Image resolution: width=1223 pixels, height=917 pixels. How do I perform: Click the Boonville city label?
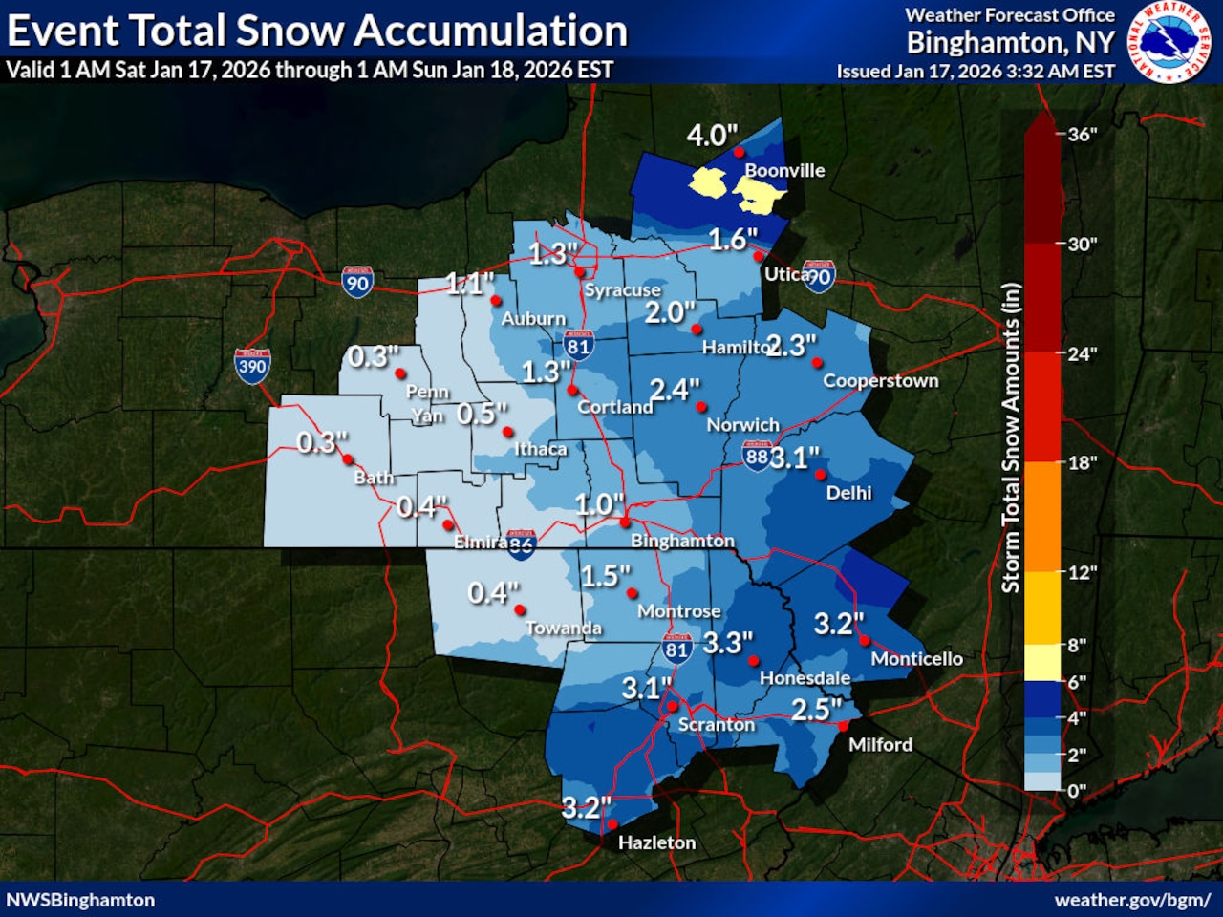coord(783,171)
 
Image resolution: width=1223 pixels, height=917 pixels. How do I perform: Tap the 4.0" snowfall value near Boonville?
coord(712,136)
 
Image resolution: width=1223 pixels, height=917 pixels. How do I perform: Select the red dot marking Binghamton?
coord(624,522)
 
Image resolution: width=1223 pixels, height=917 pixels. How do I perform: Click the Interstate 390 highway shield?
coord(252,366)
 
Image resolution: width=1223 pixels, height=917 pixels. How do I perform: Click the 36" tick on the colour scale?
coord(1082,135)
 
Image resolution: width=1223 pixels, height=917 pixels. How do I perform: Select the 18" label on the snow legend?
coord(1082,463)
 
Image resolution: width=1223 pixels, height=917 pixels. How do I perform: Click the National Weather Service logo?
coord(1169,42)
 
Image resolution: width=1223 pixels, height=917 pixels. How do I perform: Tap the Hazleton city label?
coord(656,842)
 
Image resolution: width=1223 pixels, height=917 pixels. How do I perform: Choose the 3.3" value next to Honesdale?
coord(728,643)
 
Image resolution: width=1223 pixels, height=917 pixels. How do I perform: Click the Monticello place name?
coord(916,658)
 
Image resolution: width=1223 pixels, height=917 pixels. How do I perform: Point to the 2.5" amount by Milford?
coord(816,710)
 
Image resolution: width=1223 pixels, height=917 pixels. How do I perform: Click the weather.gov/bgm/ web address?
coord(1131,900)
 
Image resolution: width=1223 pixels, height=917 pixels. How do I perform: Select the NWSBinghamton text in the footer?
coord(80,900)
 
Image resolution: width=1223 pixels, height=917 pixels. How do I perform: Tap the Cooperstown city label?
coord(880,380)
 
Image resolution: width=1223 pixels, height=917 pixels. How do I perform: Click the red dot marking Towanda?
coord(520,609)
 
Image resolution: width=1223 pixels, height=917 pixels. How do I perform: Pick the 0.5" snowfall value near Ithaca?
coord(482,414)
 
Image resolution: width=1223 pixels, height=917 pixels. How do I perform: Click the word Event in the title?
coord(63,32)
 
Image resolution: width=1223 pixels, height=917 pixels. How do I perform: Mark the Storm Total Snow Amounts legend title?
coord(1011,437)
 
